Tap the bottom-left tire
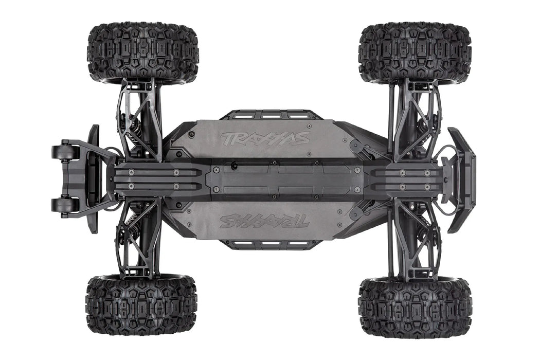tap(141, 305)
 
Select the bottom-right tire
tap(416, 307)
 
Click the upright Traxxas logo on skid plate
tap(265, 138)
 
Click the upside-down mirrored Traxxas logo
tap(265, 221)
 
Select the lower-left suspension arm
tap(138, 242)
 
